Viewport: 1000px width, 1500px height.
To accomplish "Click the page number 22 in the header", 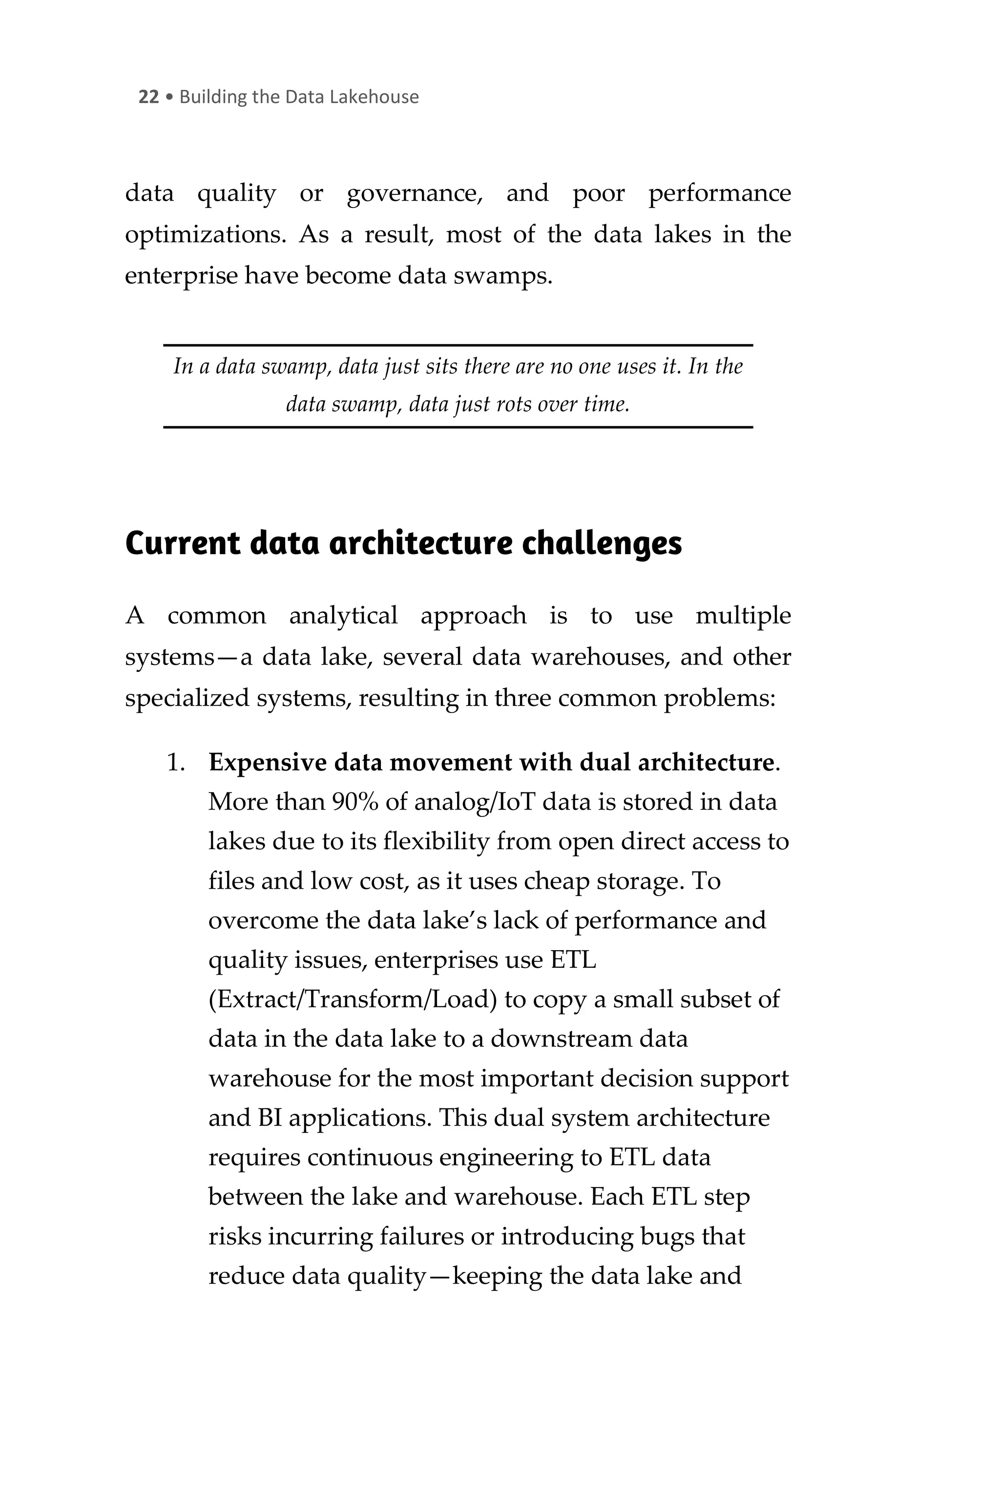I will (x=148, y=97).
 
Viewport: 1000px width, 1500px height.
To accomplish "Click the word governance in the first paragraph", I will (x=414, y=193).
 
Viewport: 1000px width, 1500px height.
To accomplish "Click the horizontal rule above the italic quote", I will (x=458, y=345).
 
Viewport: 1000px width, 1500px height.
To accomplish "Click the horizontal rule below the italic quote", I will (x=458, y=427).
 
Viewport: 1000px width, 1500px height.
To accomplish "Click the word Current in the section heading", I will (x=183, y=543).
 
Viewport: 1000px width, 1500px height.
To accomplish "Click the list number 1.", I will (x=175, y=763).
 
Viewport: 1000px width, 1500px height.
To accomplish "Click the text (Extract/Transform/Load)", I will (x=352, y=1000).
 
